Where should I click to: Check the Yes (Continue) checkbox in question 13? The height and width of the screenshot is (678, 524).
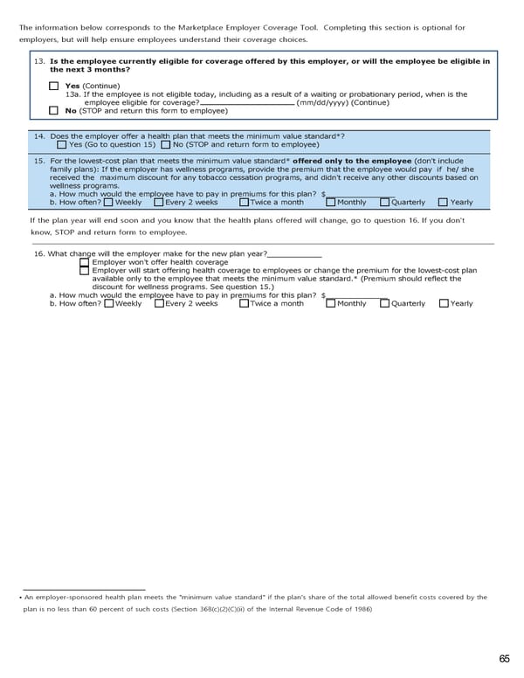54,86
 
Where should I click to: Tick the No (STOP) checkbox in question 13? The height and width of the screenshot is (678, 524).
54,110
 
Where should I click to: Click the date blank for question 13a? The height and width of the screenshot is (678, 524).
247,102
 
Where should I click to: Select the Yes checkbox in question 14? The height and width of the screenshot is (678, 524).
63,145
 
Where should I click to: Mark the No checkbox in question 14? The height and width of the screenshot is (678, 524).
166,145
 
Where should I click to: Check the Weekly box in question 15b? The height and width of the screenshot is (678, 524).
108,202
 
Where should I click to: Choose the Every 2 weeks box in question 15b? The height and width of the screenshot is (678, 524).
159,202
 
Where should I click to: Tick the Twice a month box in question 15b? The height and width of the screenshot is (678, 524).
245,202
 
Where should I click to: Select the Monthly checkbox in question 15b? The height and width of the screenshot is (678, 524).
331,202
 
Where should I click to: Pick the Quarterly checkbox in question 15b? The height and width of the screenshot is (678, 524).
385,202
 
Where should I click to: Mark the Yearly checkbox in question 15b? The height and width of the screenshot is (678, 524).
444,202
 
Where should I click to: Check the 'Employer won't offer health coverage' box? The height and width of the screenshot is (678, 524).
84,262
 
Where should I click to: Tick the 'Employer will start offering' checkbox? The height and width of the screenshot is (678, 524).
84,271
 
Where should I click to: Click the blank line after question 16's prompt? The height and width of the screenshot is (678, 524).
294,253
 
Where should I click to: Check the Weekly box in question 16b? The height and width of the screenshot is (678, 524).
108,303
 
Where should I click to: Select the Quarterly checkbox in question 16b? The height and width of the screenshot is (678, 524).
385,303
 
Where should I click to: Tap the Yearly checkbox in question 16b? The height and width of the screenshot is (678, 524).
444,303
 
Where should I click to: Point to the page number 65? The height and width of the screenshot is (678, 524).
505,659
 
